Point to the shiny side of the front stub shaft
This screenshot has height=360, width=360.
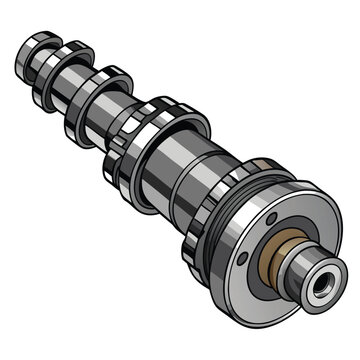(299, 262)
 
